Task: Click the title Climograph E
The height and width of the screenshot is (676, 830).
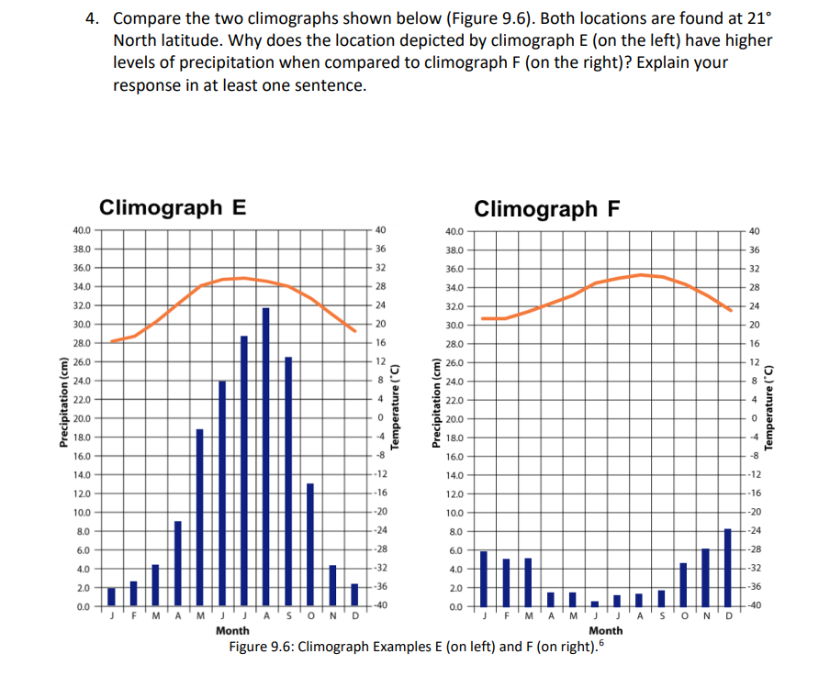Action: tap(172, 206)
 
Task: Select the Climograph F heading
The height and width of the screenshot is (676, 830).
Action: tap(547, 208)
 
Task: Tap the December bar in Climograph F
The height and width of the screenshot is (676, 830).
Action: tap(727, 567)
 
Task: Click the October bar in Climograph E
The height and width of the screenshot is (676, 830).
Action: tap(310, 544)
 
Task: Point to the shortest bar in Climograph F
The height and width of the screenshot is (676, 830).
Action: tap(595, 603)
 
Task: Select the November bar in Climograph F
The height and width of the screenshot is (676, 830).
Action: tap(705, 577)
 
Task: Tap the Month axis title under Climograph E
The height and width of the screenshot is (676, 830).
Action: tap(231, 631)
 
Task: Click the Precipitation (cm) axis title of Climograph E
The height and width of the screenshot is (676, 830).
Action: tap(63, 417)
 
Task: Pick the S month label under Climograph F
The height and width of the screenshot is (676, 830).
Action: tap(662, 616)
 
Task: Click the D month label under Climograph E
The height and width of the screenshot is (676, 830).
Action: tap(355, 616)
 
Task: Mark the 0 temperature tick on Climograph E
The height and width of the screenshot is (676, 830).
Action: tap(380, 417)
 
